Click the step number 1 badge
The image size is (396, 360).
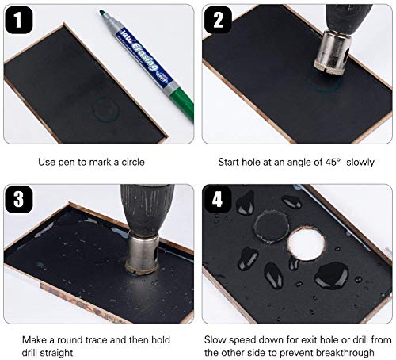coord(19,20)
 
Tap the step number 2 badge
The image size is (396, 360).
coord(218,20)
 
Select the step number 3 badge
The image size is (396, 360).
coord(19,199)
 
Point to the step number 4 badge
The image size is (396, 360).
coord(217,199)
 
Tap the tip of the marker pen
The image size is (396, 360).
coord(101,12)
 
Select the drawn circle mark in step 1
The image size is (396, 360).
coord(106,110)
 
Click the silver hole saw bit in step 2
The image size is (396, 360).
coord(333,52)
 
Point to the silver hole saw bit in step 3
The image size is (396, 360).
coord(143,252)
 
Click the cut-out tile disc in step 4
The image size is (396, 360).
coord(272,226)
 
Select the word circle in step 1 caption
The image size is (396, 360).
coord(133,162)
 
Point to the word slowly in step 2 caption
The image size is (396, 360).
coord(360,162)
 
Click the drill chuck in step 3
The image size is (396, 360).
coord(147,209)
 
